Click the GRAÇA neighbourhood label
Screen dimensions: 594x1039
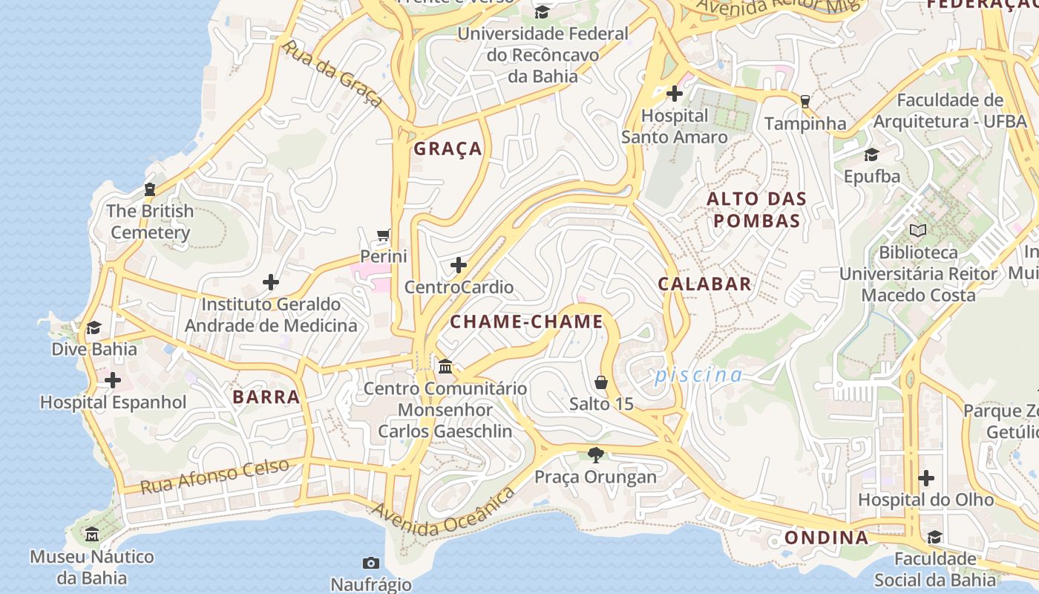tap(448, 148)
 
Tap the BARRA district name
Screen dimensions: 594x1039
tap(266, 396)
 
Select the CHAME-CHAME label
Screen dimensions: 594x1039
tap(527, 322)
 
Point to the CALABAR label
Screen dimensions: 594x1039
tap(705, 284)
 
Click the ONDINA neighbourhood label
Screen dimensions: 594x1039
tap(826, 538)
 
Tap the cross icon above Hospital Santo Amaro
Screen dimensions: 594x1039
tap(675, 94)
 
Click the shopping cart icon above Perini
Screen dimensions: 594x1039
tap(384, 235)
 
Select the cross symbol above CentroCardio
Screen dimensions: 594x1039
tap(459, 265)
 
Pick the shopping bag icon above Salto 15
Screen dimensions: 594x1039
tap(601, 382)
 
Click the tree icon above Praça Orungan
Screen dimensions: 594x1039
tap(595, 454)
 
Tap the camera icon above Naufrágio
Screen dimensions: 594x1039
tap(370, 563)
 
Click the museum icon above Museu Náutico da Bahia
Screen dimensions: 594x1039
tap(92, 535)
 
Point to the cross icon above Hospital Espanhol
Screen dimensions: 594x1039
tap(113, 381)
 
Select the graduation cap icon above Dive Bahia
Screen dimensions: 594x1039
tap(94, 327)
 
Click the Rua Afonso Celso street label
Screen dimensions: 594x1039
tap(214, 477)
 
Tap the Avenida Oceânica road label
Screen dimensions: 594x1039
tap(443, 513)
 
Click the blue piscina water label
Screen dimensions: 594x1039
tap(698, 376)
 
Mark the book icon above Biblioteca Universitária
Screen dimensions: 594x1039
tap(918, 230)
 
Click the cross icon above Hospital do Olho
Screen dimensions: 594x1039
tap(926, 478)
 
